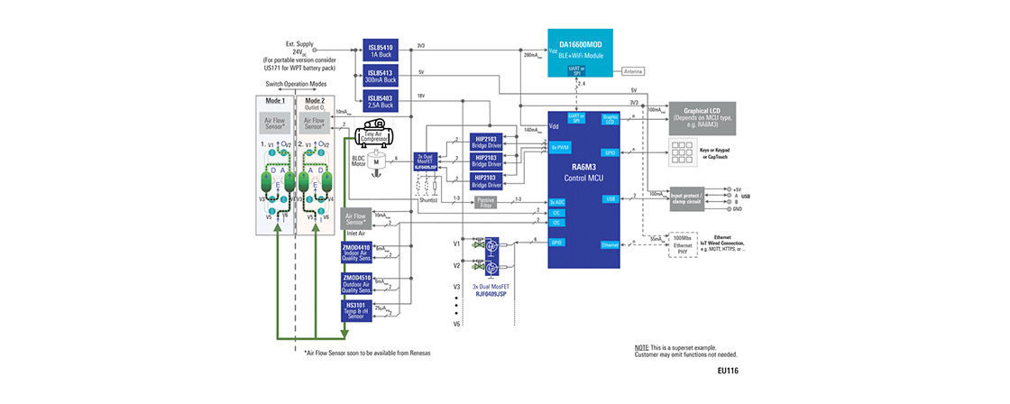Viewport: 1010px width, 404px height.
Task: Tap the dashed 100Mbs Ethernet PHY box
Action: [689, 243]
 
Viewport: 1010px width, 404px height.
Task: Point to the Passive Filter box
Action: [486, 202]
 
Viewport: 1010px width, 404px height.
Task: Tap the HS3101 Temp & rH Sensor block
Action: [355, 311]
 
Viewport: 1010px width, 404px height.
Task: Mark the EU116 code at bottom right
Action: [727, 371]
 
